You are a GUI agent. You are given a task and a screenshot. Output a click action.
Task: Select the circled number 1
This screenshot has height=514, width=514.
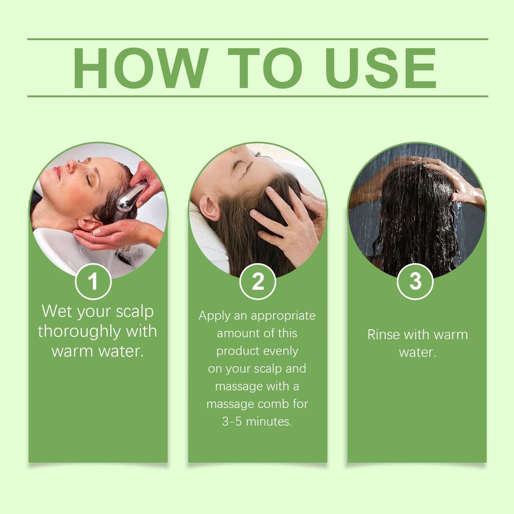coord(93,282)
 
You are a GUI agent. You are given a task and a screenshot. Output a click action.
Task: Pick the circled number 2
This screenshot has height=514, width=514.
coord(258,282)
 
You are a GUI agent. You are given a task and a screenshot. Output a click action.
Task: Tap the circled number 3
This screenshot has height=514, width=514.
coord(415,282)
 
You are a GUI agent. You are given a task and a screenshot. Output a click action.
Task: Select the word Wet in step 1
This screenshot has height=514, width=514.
coord(57,311)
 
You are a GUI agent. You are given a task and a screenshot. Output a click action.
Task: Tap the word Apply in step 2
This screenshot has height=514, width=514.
coord(213,316)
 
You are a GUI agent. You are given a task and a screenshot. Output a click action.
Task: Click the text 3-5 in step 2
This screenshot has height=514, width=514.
coord(232,422)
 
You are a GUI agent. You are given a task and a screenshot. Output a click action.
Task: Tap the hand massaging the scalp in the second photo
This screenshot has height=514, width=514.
coord(286,221)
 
